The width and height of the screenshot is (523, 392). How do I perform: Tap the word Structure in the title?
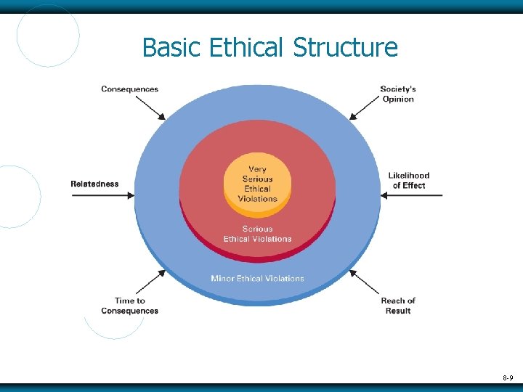[345, 48]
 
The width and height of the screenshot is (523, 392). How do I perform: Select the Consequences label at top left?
[129, 89]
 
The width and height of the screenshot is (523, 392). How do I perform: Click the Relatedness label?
[94, 184]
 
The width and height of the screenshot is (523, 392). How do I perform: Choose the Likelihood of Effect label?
[409, 180]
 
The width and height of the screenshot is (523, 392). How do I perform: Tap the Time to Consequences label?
[129, 306]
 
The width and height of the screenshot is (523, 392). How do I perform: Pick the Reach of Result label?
[398, 306]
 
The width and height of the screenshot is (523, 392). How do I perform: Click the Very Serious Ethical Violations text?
[257, 184]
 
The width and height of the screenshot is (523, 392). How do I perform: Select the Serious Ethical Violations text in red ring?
[257, 234]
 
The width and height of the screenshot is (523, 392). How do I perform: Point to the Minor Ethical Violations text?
[257, 278]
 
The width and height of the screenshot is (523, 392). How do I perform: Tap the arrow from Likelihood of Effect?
[411, 195]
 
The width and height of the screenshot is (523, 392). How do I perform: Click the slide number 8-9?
[507, 377]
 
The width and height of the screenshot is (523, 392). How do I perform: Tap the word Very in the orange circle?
[257, 169]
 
